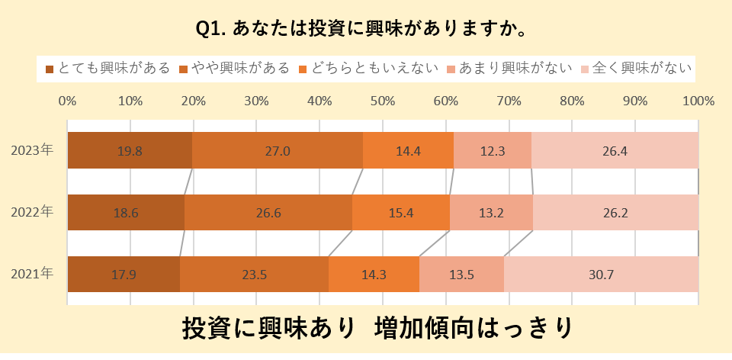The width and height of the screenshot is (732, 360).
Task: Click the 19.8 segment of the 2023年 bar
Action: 130,150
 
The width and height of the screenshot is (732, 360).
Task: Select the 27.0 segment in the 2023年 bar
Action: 278,150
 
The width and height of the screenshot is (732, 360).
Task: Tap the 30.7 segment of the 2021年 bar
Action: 601,275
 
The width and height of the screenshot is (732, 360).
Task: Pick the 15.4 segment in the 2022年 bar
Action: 400,213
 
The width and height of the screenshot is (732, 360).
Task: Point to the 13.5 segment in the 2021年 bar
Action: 461,275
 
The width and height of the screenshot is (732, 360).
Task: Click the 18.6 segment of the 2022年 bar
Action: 126,213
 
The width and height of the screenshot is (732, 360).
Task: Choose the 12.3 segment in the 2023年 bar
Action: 493,150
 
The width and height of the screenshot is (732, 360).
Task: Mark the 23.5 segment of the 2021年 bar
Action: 254,275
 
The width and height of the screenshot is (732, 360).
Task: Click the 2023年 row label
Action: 32,150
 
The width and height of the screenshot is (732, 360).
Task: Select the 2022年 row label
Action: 32,212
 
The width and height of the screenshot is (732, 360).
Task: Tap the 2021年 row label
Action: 32,274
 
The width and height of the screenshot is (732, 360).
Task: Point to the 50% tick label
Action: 383,101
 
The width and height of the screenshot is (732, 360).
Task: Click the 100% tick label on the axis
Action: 698,101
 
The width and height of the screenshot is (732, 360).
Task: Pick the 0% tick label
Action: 67,101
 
